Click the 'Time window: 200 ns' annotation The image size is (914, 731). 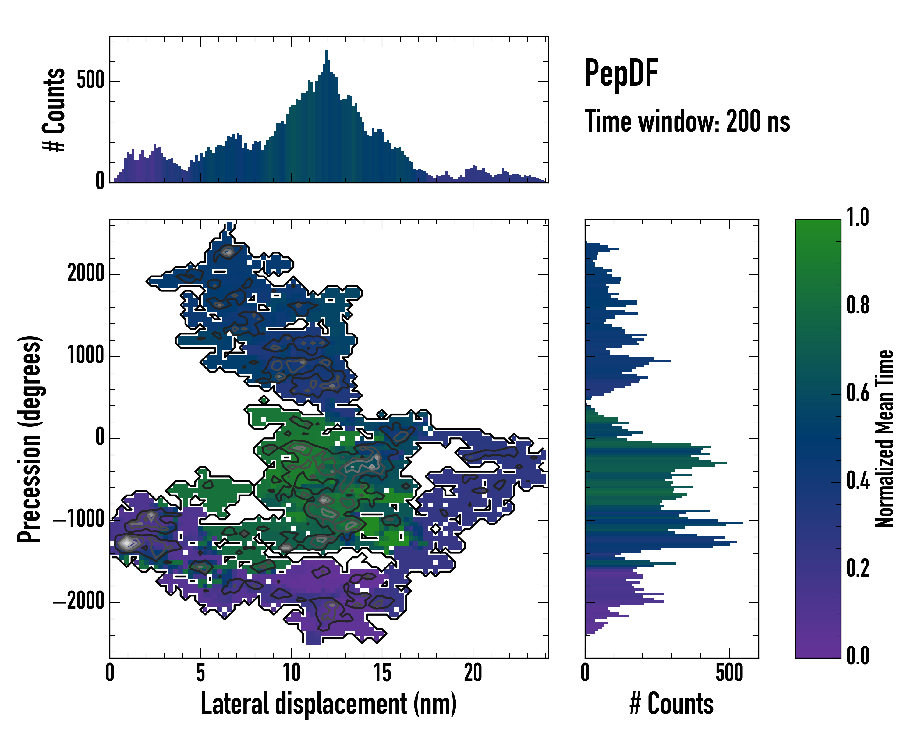tap(687, 122)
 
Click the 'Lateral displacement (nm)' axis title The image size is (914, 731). tap(328, 704)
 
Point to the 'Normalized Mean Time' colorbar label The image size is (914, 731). tap(884, 439)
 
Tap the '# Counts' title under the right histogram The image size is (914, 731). tap(671, 704)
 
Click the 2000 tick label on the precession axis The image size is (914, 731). tap(86, 274)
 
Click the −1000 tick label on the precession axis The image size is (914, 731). tap(79, 520)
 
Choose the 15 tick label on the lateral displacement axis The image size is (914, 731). tap(382, 673)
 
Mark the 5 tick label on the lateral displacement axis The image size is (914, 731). tap(200, 673)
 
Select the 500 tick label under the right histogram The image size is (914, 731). tap(729, 673)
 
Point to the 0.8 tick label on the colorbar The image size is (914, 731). tap(858, 305)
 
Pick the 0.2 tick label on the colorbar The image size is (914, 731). tap(858, 569)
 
